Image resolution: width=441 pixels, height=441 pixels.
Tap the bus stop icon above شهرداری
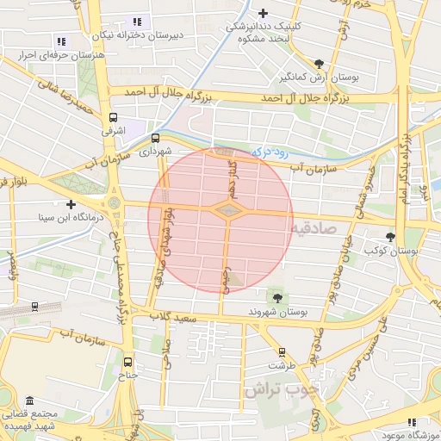coord(155,137)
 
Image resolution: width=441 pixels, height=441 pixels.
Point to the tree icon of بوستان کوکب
coord(391,236)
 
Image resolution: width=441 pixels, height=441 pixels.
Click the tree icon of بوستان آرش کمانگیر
coord(320,63)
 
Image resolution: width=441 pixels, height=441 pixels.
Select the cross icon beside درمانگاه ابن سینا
coord(71,204)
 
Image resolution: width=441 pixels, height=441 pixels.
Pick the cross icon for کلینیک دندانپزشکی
coord(264,13)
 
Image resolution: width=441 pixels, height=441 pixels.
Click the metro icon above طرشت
coord(282,351)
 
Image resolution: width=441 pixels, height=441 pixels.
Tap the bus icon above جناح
coord(128,362)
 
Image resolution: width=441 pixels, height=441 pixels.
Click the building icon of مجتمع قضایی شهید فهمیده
coord(30,402)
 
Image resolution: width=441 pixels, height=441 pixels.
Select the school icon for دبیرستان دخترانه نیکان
coord(136,22)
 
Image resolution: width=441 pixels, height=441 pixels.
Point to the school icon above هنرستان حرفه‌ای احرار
coord(60,40)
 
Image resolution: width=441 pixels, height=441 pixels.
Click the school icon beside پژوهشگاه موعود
coord(411,423)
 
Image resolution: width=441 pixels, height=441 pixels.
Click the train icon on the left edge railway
coord(34,306)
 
